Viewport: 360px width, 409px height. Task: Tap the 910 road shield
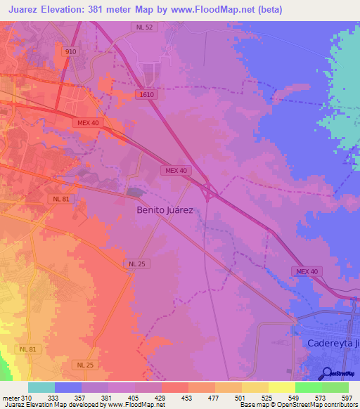(x=70, y=52)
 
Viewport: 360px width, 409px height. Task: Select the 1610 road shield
(x=146, y=94)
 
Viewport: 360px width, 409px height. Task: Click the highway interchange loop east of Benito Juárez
(x=209, y=189)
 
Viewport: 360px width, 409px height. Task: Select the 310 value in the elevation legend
(x=26, y=398)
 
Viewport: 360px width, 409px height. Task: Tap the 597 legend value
(x=346, y=398)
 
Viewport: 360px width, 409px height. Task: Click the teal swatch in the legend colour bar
(x=41, y=387)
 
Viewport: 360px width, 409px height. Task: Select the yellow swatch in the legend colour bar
(x=281, y=387)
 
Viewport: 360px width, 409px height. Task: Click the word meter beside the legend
(x=11, y=398)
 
